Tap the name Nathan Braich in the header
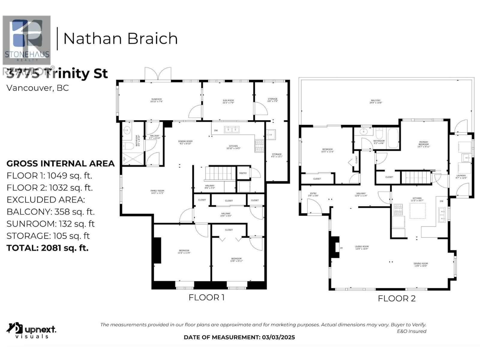120,39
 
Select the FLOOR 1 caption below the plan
206,298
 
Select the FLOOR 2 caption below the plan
397,298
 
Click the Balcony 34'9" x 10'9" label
376,102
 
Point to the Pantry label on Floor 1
243,173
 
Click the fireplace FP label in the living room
341,248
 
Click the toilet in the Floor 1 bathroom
128,146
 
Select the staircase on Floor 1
220,173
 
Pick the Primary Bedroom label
424,144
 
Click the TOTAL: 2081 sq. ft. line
47,248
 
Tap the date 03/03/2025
278,337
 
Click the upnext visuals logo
31,330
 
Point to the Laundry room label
461,177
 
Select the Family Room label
157,192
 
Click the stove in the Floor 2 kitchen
398,209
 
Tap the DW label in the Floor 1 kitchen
216,130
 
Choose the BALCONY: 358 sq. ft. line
50,212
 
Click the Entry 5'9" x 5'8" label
313,194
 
